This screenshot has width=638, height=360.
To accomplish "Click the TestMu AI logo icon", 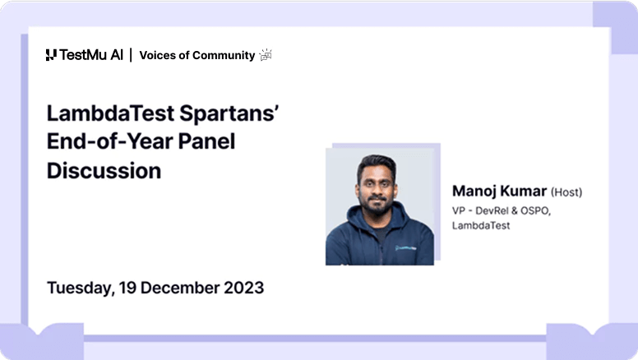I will [x=51, y=55].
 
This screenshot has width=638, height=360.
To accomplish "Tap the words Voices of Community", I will [x=196, y=55].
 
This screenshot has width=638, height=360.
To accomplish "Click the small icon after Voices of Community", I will [x=266, y=55].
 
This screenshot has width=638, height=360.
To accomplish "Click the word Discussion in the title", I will [x=104, y=171].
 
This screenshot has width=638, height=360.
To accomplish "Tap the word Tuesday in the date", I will [x=79, y=288].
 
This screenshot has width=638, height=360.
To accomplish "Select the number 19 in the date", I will [x=128, y=288].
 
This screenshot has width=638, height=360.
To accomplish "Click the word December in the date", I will [x=180, y=288].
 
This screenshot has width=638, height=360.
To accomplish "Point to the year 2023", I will [x=243, y=288].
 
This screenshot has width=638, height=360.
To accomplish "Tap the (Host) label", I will [x=566, y=192].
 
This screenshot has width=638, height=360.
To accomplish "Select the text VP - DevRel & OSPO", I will [x=501, y=210].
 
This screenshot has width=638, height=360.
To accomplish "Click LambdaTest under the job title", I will [x=481, y=225].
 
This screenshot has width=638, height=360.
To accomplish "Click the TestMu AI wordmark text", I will [x=91, y=55].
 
